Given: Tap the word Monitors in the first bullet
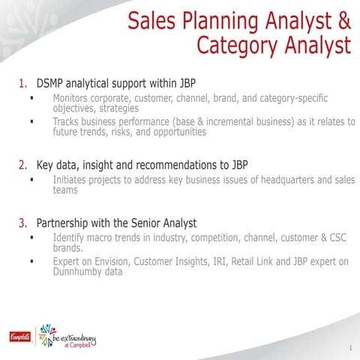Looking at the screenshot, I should [73, 98].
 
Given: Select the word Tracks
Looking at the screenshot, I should [68, 121].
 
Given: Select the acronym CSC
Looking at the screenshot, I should [339, 238].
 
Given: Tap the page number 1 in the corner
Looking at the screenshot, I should [349, 348].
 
